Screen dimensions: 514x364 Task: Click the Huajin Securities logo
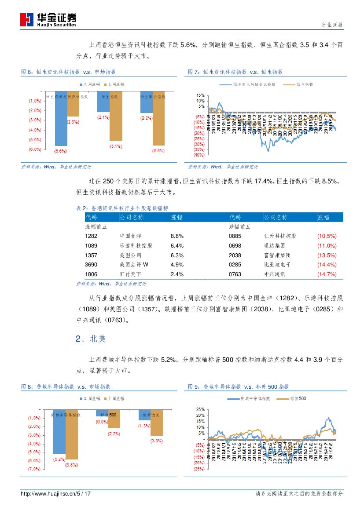click(x=48, y=20)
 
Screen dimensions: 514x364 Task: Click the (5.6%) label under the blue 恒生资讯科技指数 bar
click(x=60, y=151)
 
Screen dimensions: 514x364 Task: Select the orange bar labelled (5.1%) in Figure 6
click(x=116, y=117)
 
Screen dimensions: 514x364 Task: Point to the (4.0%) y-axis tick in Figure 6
click(x=35, y=130)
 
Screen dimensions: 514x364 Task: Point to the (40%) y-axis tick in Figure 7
click(x=199, y=155)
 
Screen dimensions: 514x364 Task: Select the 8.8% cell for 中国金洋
click(x=177, y=236)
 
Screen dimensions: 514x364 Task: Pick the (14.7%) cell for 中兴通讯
click(x=327, y=275)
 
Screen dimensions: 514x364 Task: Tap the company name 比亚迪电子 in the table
click(x=277, y=265)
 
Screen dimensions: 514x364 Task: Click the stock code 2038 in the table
click(x=235, y=255)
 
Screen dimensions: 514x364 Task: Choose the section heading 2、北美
click(x=91, y=339)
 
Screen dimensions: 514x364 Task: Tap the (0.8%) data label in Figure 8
click(x=102, y=422)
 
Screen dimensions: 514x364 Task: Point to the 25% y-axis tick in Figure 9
click(x=200, y=409)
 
